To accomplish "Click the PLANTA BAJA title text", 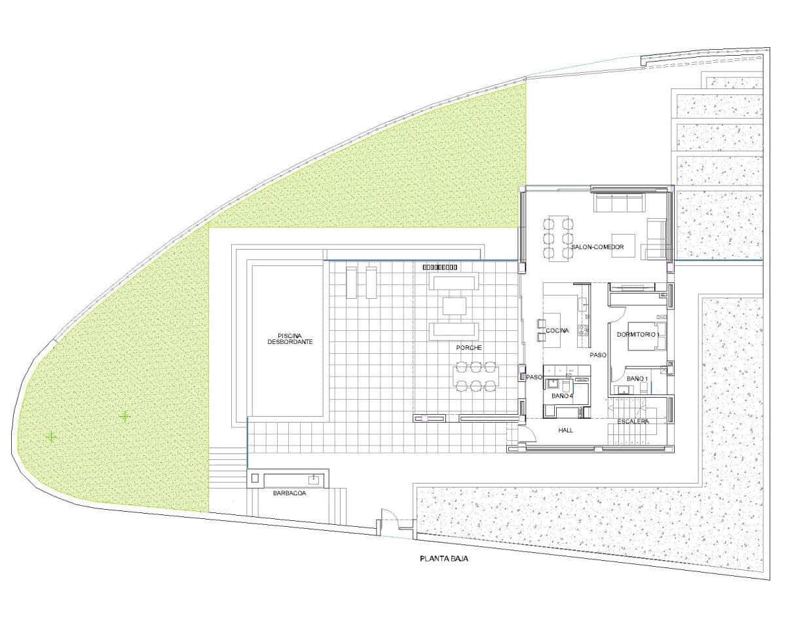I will (444, 560).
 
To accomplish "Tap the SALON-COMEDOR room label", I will (597, 248).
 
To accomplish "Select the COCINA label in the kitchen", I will (557, 331).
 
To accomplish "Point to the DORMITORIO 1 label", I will (637, 335).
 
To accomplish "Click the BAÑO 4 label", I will (562, 396).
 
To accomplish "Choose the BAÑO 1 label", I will (637, 379).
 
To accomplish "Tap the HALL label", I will (566, 430).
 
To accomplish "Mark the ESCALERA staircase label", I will (633, 421).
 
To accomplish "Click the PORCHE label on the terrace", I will (470, 348).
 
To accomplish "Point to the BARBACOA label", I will (290, 494).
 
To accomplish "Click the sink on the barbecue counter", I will (315, 479).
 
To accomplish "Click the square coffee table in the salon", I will (623, 244).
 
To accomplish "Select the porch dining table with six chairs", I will (476, 377).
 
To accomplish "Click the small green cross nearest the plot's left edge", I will (50, 436).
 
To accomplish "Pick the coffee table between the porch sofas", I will (454, 306).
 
